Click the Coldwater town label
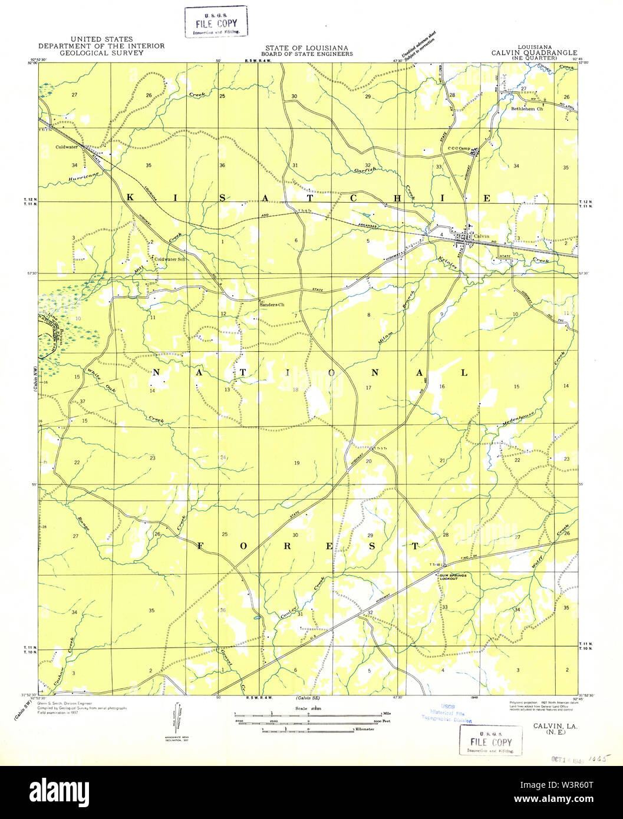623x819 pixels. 67,147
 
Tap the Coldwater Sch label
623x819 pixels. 170,259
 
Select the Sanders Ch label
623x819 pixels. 272,305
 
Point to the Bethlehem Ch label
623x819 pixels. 526,109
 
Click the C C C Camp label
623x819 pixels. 462,148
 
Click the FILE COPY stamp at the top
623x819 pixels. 216,22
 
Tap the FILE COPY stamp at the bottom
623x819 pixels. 490,741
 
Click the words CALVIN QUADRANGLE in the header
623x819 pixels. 534,52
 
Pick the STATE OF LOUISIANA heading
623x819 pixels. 306,48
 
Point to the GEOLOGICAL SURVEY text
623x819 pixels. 101,52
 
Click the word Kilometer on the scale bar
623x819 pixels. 364,729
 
